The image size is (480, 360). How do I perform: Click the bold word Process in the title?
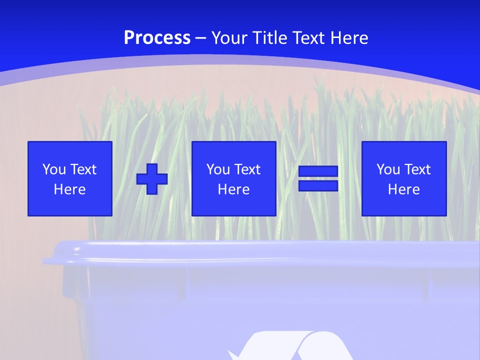(157, 38)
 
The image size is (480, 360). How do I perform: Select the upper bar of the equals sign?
(318, 171)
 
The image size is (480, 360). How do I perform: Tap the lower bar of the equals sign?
(318, 185)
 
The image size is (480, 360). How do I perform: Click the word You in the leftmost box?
(53, 169)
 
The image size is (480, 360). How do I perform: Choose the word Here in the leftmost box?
(69, 189)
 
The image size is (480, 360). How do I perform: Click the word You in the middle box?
(217, 169)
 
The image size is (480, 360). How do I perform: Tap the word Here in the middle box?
(233, 189)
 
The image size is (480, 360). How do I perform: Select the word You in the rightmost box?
(387, 169)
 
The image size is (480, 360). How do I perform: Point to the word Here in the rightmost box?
(403, 189)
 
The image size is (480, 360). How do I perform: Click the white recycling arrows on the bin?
(290, 347)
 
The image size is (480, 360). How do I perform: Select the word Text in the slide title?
(307, 38)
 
